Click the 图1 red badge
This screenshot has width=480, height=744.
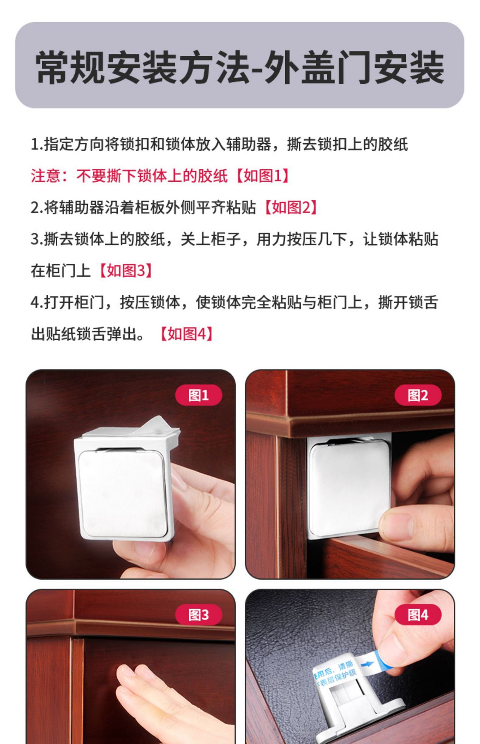pyautogui.click(x=198, y=395)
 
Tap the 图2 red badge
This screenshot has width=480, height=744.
pyautogui.click(x=418, y=395)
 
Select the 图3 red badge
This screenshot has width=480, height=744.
pyautogui.click(x=198, y=615)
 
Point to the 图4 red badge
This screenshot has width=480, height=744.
pyautogui.click(x=418, y=615)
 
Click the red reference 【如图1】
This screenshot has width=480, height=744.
pyautogui.click(x=263, y=176)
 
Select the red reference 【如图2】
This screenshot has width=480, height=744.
pyautogui.click(x=291, y=208)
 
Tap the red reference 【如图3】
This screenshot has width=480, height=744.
pyautogui.click(x=126, y=270)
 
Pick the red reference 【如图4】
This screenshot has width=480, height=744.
pyautogui.click(x=187, y=334)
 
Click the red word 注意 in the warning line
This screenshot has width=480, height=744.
pyautogui.click(x=46, y=176)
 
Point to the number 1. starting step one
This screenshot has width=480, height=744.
pyautogui.click(x=36, y=145)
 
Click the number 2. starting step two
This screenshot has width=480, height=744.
pyautogui.click(x=36, y=208)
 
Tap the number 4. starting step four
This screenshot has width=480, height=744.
pyautogui.click(x=36, y=302)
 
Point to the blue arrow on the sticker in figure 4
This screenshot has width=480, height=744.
pyautogui.click(x=366, y=664)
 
